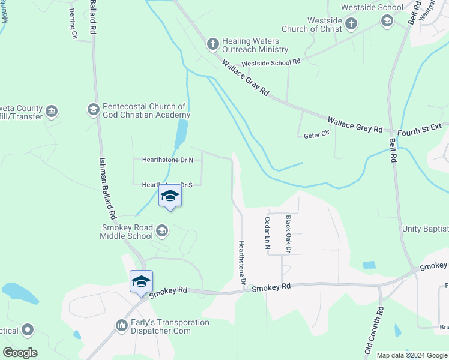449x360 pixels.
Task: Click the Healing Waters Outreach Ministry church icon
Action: click(x=212, y=44)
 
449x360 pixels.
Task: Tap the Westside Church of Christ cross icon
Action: click(x=351, y=23)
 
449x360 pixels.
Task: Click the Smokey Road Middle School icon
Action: click(x=161, y=230)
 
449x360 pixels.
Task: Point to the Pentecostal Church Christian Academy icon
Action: click(x=93, y=109)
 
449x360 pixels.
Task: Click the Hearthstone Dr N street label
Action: click(x=167, y=160)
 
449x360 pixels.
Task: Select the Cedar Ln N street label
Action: click(x=267, y=233)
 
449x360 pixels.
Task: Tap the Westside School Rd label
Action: click(x=270, y=62)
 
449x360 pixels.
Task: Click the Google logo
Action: click(x=20, y=353)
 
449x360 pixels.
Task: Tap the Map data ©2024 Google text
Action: click(x=411, y=355)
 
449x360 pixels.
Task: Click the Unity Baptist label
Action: click(x=425, y=229)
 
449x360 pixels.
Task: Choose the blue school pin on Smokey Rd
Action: click(x=141, y=282)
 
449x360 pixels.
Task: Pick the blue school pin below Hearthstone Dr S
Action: click(x=170, y=196)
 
